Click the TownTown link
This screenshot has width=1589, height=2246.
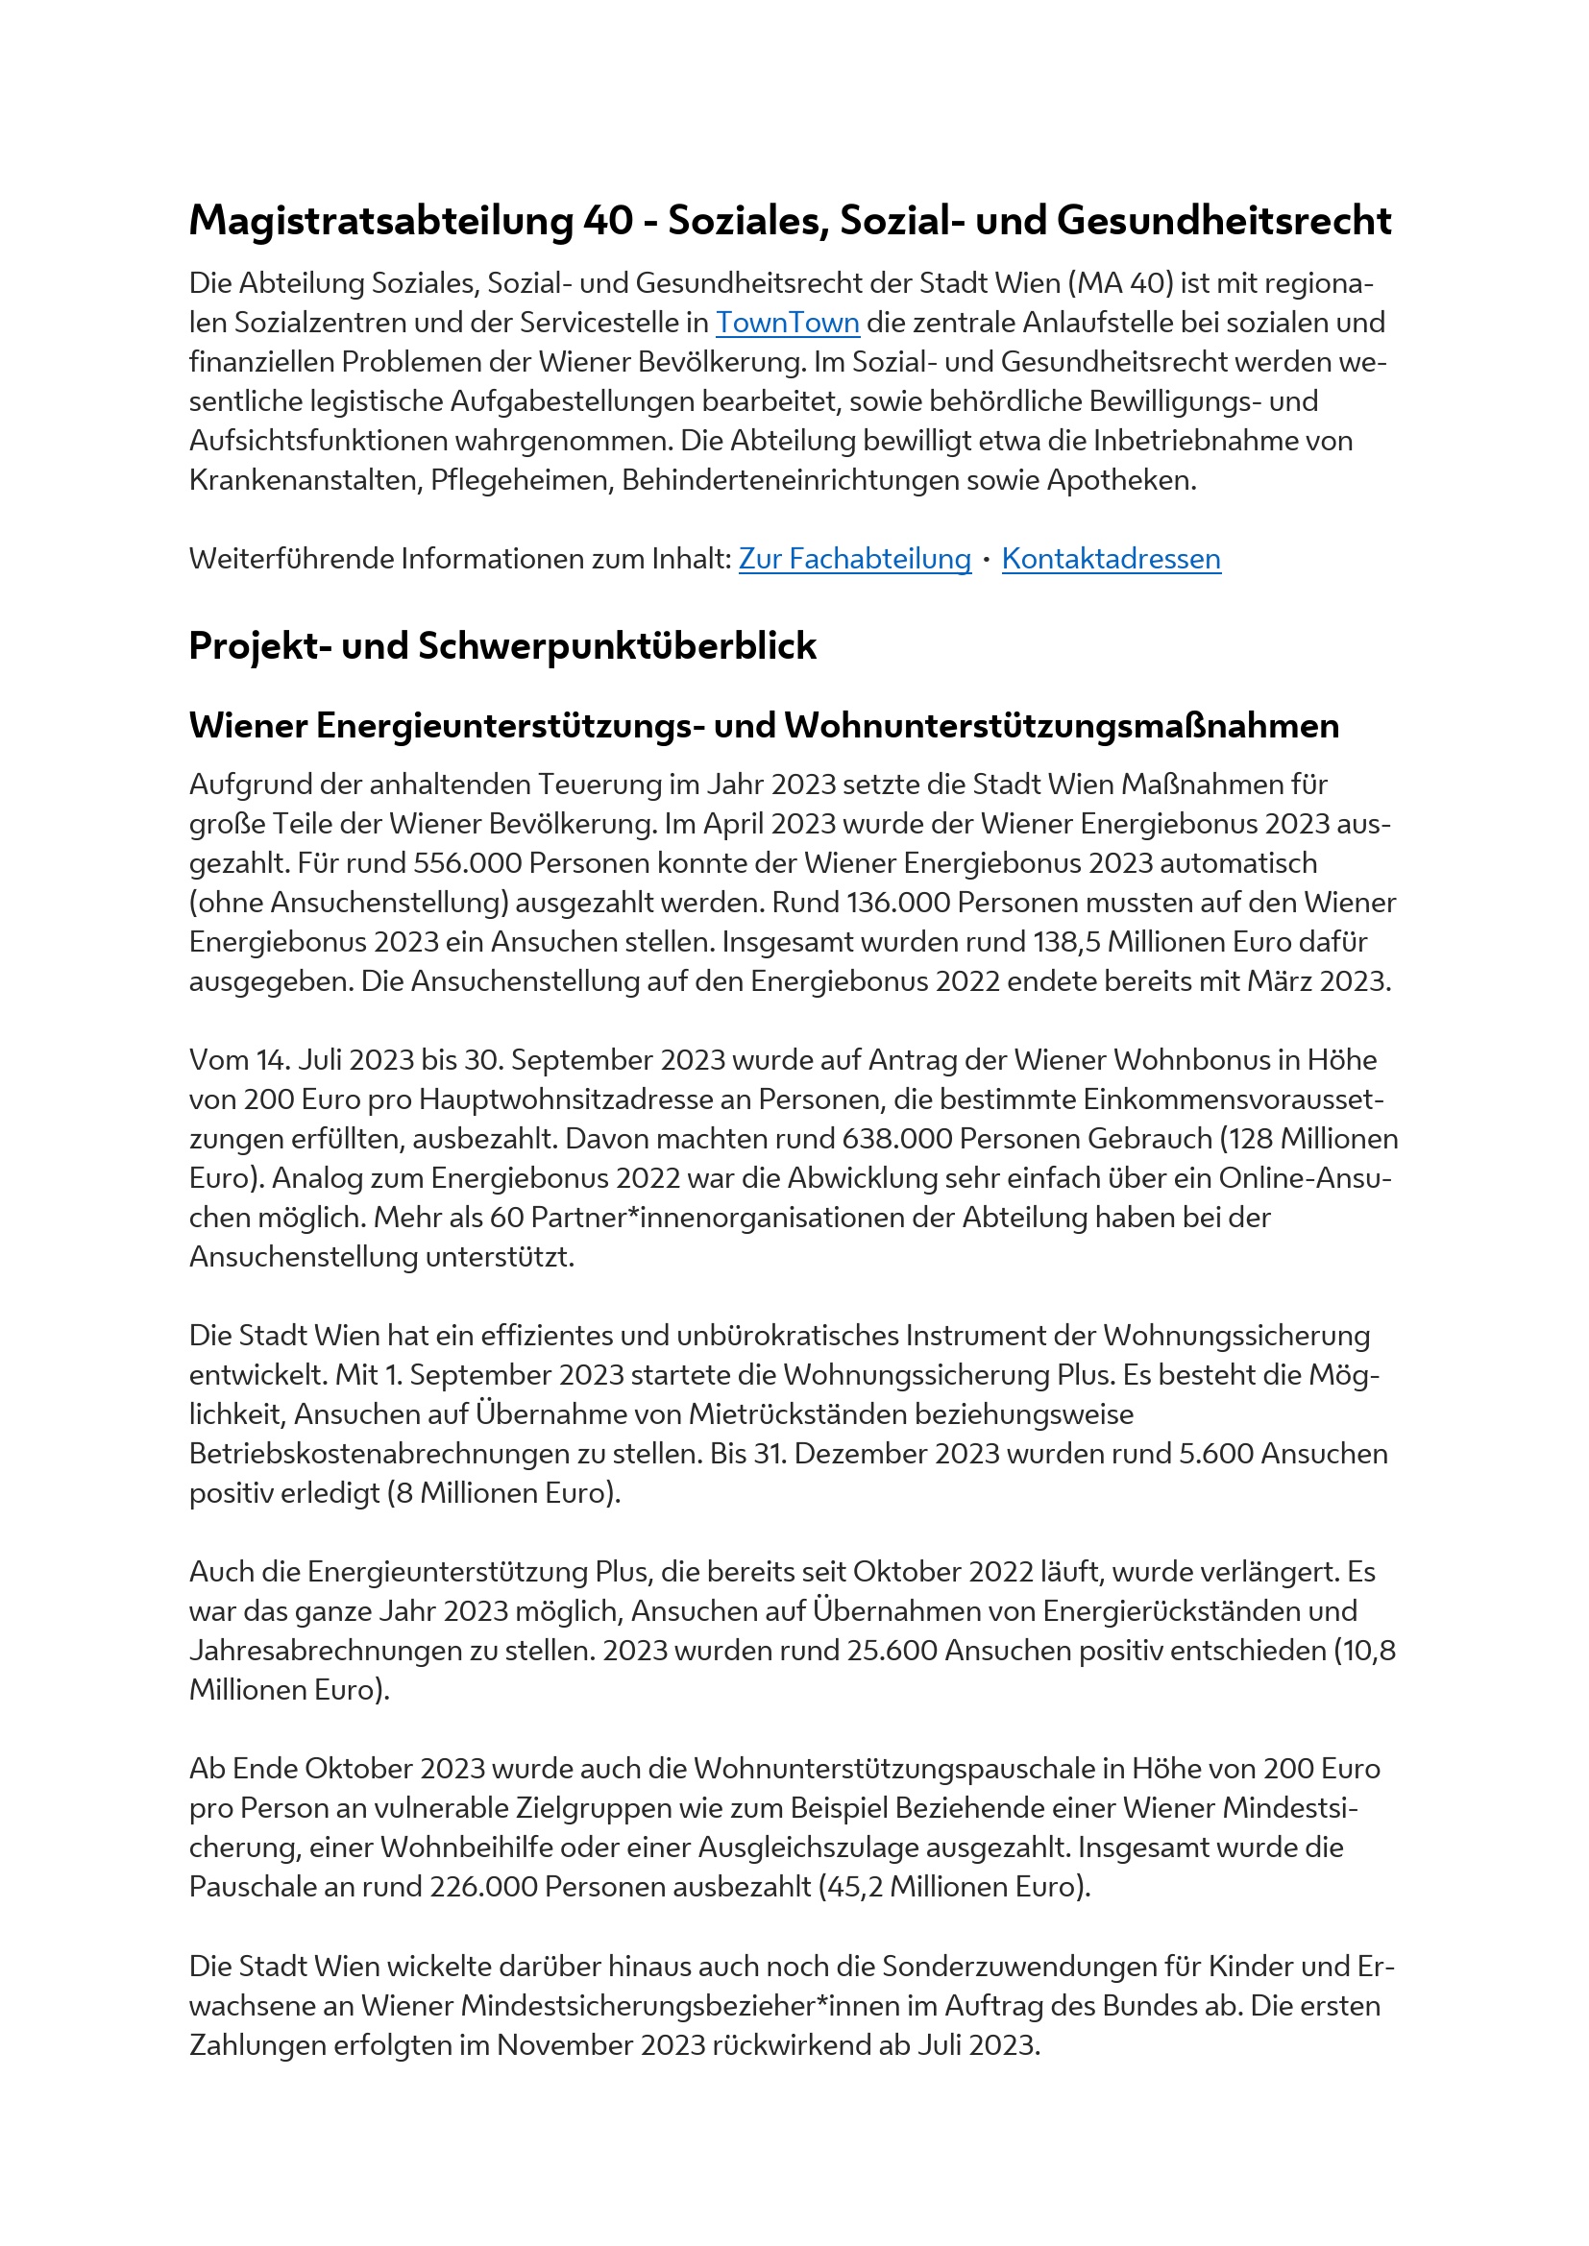click(787, 323)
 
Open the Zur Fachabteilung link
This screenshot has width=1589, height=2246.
click(854, 559)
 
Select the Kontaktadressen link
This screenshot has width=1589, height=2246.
click(1111, 559)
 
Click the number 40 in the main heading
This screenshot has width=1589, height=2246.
click(608, 220)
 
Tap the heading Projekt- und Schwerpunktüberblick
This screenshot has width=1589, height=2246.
click(501, 645)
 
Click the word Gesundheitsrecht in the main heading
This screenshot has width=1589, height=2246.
click(1223, 220)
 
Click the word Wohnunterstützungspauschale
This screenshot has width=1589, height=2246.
click(908, 1769)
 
